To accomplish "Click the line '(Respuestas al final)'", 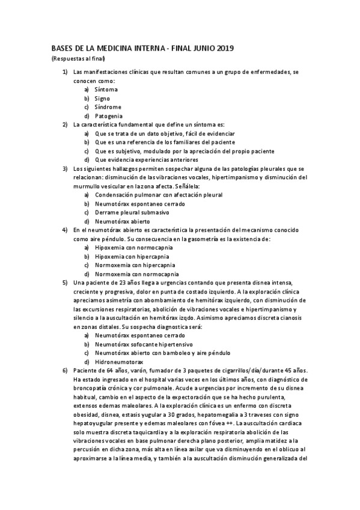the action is coord(78,58).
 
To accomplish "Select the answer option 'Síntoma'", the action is coord(106,89).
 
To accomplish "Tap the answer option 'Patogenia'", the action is coord(109,115).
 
